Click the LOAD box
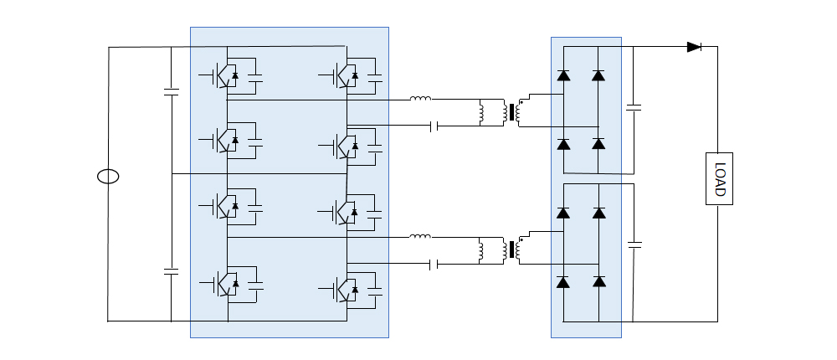pos(719,178)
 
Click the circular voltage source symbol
pos(108,177)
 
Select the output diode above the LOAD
pos(694,47)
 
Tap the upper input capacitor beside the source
pos(171,92)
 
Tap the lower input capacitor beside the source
pos(171,272)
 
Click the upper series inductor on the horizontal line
pos(420,99)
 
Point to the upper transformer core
pos(510,112)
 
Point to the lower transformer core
pos(510,250)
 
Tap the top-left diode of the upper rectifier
pos(563,76)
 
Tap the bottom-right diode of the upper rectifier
pos(598,144)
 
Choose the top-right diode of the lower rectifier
pos(598,213)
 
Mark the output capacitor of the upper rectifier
pos(634,107)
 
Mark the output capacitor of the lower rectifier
pos(634,244)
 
